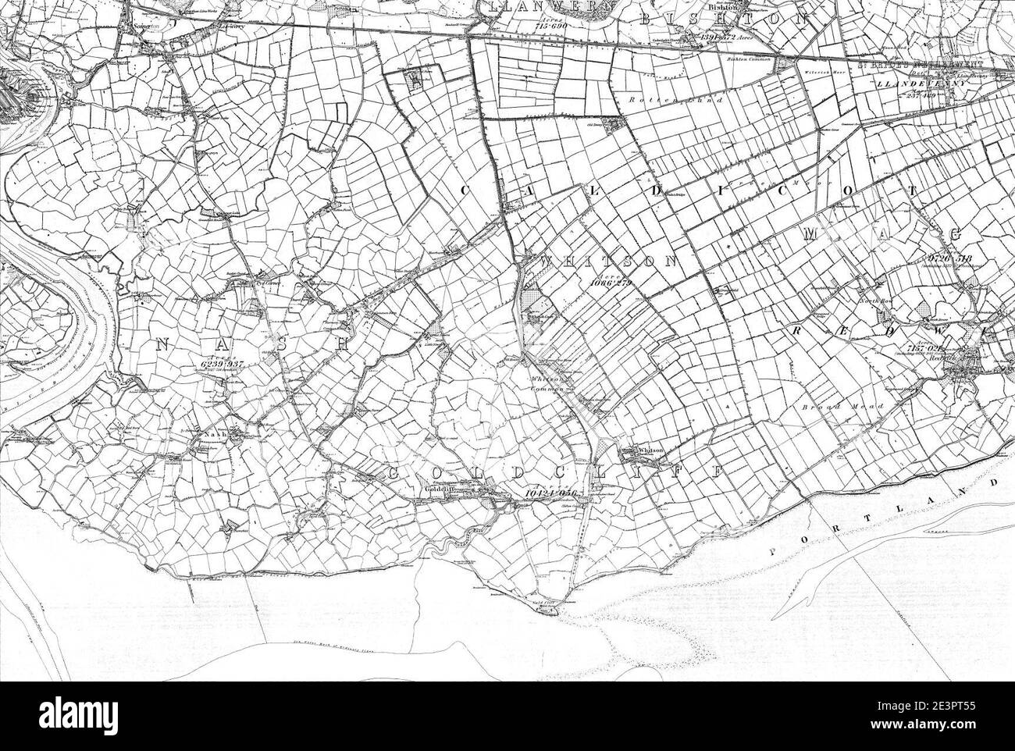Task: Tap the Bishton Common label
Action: tap(750, 59)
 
